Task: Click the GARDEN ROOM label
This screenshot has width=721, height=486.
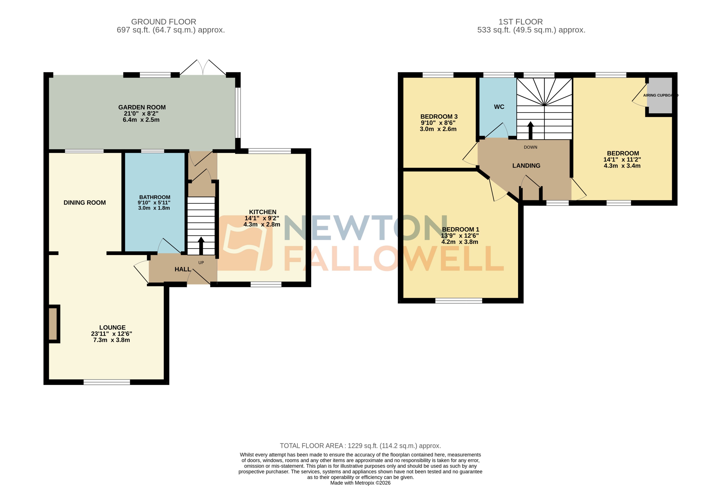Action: click(x=142, y=107)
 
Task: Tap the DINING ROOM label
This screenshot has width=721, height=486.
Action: click(x=85, y=203)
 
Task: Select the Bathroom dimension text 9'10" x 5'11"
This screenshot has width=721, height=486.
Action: click(x=154, y=203)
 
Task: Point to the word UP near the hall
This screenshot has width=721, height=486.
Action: click(x=201, y=262)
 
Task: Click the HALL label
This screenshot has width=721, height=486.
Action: click(x=183, y=269)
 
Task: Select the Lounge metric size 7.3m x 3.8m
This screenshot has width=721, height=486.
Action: click(x=111, y=340)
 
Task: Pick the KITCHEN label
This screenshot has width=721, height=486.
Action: click(x=262, y=212)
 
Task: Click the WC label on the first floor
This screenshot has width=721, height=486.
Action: click(x=499, y=107)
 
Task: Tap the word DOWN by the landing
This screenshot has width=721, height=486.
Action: click(x=530, y=147)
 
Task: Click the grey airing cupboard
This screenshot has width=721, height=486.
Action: click(x=659, y=95)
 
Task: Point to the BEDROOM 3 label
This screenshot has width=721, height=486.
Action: click(x=439, y=117)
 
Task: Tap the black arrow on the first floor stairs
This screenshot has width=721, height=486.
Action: click(x=530, y=130)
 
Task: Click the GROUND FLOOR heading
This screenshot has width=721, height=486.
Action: click(x=164, y=22)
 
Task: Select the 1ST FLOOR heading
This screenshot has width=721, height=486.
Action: click(x=521, y=22)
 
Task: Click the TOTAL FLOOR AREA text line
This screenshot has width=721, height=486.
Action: click(x=360, y=446)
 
